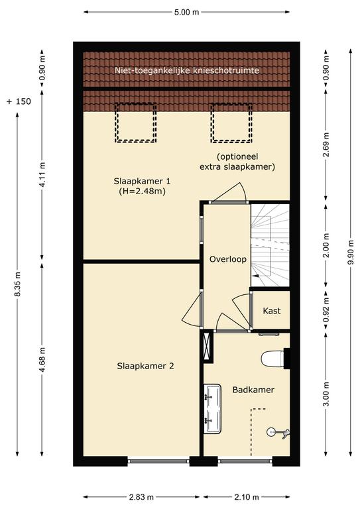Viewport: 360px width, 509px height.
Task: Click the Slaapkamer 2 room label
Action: (x=145, y=366)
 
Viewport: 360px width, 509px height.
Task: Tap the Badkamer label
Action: (x=253, y=390)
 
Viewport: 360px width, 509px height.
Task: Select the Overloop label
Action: (x=228, y=259)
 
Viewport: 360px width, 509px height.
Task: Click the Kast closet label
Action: (x=272, y=311)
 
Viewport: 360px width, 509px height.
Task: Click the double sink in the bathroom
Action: (x=213, y=408)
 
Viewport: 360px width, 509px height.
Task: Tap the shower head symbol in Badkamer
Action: (x=278, y=433)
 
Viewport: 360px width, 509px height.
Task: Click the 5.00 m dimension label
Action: (x=186, y=13)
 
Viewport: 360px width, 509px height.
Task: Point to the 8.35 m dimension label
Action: (x=17, y=284)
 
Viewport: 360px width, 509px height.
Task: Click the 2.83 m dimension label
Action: (x=141, y=497)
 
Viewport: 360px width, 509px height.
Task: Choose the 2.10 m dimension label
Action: (x=247, y=497)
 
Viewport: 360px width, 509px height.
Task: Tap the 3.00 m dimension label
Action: (x=326, y=394)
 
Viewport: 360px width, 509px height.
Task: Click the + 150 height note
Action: (x=19, y=101)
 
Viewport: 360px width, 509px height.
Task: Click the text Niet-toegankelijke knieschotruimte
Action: (x=187, y=70)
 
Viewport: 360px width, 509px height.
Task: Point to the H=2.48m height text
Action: (x=142, y=191)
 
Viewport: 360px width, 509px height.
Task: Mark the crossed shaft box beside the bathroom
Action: (x=207, y=347)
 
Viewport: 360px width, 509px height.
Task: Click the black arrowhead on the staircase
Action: (x=257, y=275)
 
